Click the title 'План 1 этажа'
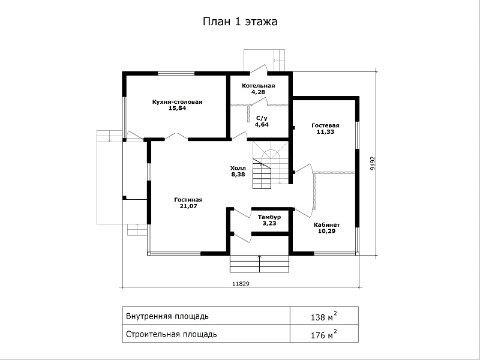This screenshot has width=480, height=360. coord(240,22)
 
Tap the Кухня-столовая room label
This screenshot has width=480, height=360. coord(177,102)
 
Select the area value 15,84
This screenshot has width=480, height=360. coord(177,108)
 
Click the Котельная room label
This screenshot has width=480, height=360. coord(259,86)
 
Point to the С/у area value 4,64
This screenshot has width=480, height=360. coord(262,125)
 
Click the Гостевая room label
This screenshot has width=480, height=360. coord(325,125)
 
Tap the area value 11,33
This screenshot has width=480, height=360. coord(325,132)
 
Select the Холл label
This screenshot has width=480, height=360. coord(238,168)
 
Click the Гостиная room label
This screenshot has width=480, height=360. coord(188,200)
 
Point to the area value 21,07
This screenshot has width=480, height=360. coord(188,206)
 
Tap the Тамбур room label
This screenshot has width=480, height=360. coord(269,217)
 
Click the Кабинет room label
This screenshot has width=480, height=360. coord(326,224)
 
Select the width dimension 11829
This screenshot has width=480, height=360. coord(241,284)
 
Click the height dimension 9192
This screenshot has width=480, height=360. coord(372,163)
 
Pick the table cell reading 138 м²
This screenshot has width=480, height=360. coord(324,316)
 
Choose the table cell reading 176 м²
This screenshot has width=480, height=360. coord(324,334)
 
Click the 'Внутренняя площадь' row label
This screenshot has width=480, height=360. coord(167,316)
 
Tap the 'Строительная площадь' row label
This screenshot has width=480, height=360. coord(172,334)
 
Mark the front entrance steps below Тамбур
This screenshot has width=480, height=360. coord(260,263)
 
